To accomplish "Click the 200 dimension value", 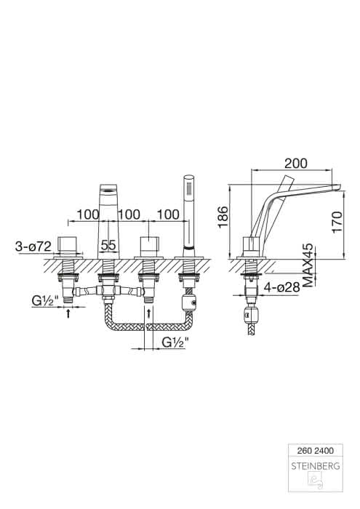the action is coord(295,164).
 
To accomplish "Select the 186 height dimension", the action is coord(224,217).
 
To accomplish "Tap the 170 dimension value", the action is coord(337,222).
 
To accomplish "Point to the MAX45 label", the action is coord(308,265).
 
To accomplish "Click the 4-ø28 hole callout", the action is coord(281,287).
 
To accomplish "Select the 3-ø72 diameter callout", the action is coord(33,247).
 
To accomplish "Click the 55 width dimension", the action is coord(108,245).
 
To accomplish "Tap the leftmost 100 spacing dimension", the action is coord(88,215).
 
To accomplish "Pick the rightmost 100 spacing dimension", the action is coord(168,215).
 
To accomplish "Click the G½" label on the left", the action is coord(45,302).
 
